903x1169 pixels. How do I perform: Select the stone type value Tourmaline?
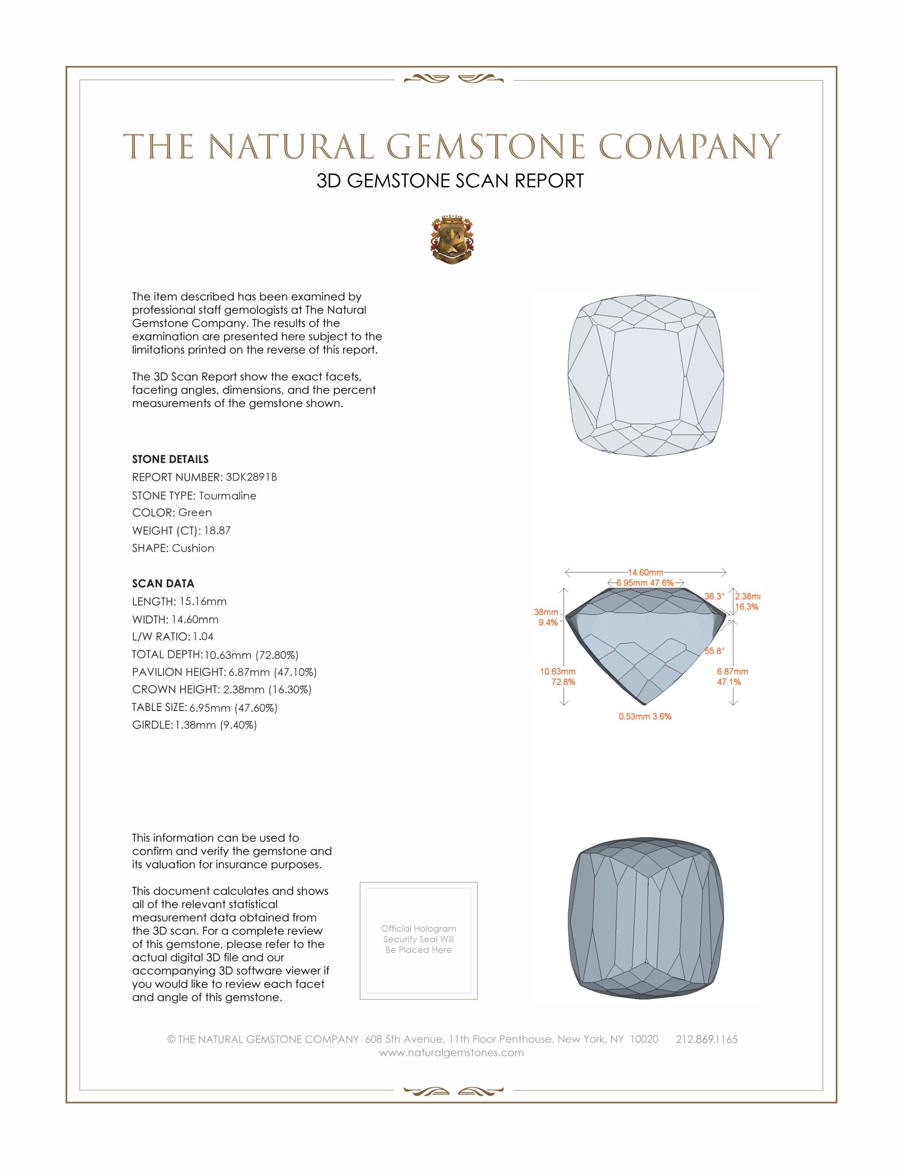pos(227,496)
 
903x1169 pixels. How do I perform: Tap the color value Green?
pos(195,513)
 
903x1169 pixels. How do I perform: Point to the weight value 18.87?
pos(217,530)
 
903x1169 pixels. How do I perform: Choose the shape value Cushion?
pos(193,548)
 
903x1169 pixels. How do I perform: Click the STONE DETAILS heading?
pos(170,459)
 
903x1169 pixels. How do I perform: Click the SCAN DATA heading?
pos(163,583)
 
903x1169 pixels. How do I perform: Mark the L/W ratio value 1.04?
pos(203,637)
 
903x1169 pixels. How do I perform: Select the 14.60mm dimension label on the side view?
pos(645,572)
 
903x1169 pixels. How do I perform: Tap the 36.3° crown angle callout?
pos(714,596)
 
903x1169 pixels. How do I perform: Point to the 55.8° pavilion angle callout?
pos(714,651)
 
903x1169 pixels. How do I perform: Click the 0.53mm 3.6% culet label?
pos(645,716)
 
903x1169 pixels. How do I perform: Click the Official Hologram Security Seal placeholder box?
pos(419,941)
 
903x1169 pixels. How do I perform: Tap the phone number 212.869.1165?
pos(706,1039)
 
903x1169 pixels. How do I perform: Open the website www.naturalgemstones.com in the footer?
pos(451,1053)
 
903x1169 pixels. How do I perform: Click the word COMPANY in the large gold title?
pos(689,147)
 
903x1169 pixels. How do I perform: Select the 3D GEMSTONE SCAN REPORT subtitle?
pos(450,181)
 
